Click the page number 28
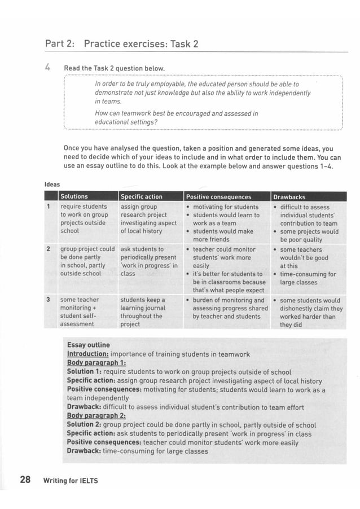25,480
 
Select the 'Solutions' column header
74,197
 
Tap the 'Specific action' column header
142,197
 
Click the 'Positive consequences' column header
219,197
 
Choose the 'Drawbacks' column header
289,197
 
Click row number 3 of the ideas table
49,300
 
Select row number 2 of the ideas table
49,249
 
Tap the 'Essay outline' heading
89,345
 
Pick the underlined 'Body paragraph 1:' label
96,363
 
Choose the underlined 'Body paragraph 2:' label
96,416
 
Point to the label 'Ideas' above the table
52,184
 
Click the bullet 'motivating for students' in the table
225,207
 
